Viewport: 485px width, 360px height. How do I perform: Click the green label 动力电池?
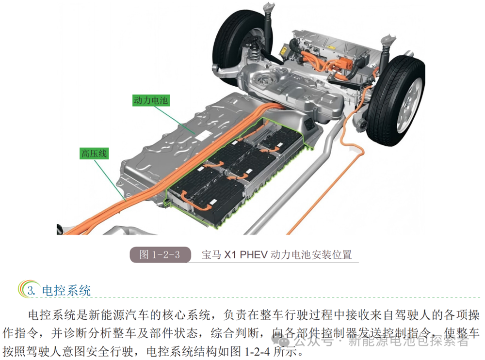tap(151, 100)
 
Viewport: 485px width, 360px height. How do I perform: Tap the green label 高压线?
tap(94, 153)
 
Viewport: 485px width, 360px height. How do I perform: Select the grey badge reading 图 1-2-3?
tap(160, 255)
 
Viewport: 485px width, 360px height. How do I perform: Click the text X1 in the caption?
tap(230, 255)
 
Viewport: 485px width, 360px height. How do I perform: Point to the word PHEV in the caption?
tap(254, 255)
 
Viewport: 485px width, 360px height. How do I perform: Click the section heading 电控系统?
tap(66, 291)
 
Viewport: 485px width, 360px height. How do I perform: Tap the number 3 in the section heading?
tap(30, 291)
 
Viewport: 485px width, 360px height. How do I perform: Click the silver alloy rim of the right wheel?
tap(409, 102)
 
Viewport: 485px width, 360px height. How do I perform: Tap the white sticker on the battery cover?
tap(204, 135)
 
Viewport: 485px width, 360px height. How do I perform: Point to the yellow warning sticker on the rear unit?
tap(283, 49)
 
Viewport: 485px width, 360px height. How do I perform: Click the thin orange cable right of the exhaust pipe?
tap(325, 191)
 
